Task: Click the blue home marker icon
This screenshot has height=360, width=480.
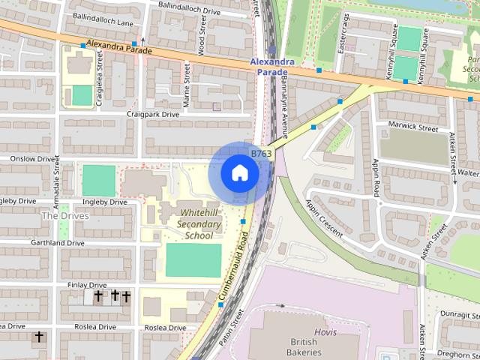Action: [239, 173]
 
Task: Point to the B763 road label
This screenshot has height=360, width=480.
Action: [261, 153]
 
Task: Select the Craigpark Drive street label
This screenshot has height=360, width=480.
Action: [153, 115]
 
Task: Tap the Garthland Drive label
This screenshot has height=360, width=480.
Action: [57, 243]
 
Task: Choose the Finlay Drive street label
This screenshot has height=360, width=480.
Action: [87, 285]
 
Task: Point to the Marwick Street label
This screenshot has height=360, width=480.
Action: [412, 128]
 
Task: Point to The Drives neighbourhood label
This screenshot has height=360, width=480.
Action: [65, 216]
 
